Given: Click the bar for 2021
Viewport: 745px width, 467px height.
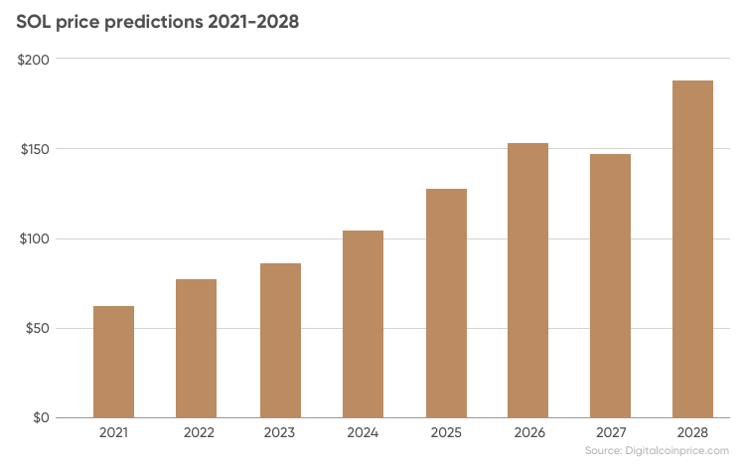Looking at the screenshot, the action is (113, 362).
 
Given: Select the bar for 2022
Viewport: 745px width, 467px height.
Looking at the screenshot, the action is (197, 349).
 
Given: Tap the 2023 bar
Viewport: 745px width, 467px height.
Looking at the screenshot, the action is (280, 341).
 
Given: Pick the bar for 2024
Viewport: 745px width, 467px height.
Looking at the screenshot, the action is (363, 325).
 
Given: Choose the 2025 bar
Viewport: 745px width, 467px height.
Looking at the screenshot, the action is (446, 304).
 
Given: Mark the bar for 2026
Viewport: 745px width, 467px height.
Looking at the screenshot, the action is (527, 281).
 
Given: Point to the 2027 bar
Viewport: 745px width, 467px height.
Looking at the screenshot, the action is (611, 286).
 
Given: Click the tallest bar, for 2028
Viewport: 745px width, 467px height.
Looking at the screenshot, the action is (692, 249).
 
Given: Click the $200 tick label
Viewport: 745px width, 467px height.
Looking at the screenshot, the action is (33, 60).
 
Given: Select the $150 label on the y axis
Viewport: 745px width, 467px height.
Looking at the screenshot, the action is (35, 149).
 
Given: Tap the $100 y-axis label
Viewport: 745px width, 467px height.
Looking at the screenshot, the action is (34, 238).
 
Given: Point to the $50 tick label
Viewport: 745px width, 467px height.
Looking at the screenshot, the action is (38, 328).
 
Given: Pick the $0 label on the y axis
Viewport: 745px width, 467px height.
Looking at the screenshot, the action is (42, 417).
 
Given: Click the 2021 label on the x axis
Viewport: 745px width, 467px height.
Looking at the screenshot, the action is (113, 433).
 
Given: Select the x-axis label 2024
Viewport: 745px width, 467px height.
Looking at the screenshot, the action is (363, 433).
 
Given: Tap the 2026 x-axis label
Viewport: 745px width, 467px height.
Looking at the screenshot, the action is (529, 433).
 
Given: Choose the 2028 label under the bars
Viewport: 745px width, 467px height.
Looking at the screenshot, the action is (692, 433).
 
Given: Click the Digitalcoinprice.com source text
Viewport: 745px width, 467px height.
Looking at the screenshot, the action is (676, 450).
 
